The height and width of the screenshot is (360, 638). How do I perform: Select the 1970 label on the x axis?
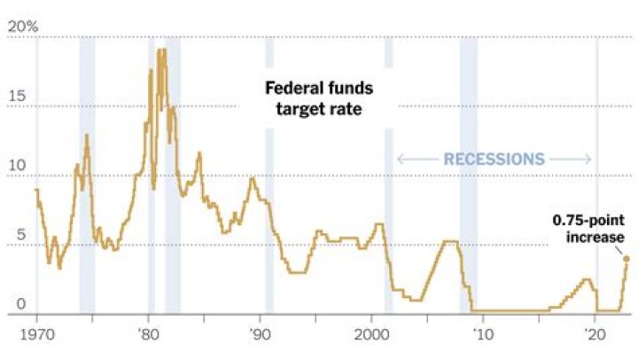tap(36, 337)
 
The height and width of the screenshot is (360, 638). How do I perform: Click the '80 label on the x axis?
tap(148, 337)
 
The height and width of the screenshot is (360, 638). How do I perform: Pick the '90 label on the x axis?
tap(260, 337)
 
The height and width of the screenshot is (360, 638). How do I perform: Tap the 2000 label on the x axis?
tap(371, 337)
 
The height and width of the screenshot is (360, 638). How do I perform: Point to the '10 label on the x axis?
tap(482, 337)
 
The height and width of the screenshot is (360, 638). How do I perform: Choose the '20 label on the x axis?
tap(594, 337)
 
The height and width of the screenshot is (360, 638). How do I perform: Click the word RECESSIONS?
tap(494, 160)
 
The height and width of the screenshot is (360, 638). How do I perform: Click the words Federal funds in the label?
tap(320, 89)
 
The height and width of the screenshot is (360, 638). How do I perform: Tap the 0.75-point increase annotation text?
tap(589, 229)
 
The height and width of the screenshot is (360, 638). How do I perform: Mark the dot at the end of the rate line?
tap(626, 259)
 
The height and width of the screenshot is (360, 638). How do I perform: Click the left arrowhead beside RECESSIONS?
tap(399, 160)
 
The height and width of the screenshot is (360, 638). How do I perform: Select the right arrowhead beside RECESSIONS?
tap(588, 160)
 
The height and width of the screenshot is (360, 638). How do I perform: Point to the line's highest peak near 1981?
tap(160, 51)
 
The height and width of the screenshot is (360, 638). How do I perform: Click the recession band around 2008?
tap(468, 177)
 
